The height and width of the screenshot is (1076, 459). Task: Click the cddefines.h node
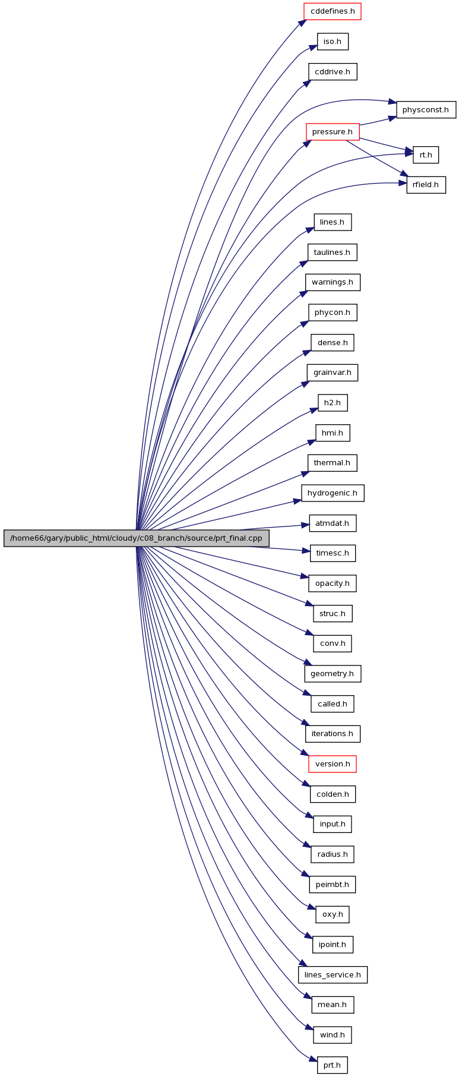click(x=333, y=11)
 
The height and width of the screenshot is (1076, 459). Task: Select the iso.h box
click(x=333, y=42)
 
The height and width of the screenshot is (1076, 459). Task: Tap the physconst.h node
click(x=426, y=110)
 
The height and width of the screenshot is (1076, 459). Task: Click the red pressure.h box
click(x=333, y=132)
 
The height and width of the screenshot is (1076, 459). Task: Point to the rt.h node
click(x=426, y=155)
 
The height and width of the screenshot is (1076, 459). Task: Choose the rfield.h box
click(x=426, y=185)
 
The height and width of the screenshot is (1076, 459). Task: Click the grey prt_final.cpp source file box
click(x=137, y=538)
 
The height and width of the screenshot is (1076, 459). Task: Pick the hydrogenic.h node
click(x=333, y=493)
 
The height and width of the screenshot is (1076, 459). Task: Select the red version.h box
click(x=333, y=764)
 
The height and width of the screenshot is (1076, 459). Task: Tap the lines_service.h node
click(x=333, y=975)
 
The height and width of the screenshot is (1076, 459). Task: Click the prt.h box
click(x=333, y=1065)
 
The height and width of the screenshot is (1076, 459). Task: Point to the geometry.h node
click(x=333, y=674)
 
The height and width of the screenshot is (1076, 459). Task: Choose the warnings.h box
click(x=333, y=282)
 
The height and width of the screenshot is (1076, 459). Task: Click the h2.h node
click(x=333, y=403)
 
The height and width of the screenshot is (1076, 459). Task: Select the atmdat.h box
click(x=333, y=523)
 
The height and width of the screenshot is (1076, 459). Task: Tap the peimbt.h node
click(x=333, y=885)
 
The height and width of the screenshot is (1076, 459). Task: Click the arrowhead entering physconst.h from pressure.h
click(x=392, y=118)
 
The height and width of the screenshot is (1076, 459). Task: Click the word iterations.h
click(x=333, y=734)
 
